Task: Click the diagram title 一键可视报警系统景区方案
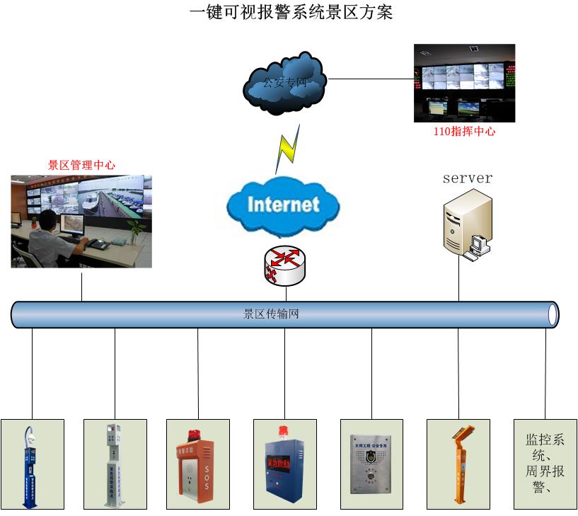(290, 12)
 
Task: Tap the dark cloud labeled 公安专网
(284, 84)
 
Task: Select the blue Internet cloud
(283, 205)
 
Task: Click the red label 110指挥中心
(464, 132)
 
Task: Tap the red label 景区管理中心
(81, 165)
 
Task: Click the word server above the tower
(467, 178)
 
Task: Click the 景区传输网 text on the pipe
(272, 314)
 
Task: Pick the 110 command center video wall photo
(464, 83)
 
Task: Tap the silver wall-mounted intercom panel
(371, 464)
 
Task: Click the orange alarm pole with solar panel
(458, 464)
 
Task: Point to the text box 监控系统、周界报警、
(545, 463)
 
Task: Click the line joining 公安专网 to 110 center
(371, 79)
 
